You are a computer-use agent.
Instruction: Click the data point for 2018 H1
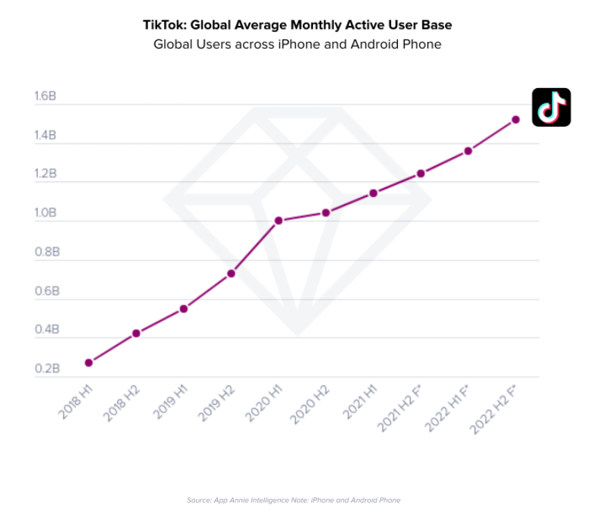(89, 363)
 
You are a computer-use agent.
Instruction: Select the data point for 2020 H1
(279, 221)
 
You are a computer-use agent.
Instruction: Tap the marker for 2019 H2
(231, 273)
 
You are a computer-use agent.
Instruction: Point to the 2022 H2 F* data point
(516, 119)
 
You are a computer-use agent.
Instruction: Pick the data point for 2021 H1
(374, 193)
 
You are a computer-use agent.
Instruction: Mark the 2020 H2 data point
(326, 212)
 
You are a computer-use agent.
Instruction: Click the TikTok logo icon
(551, 108)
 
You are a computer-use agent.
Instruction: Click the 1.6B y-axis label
(45, 97)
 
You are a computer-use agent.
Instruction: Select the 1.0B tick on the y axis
(45, 213)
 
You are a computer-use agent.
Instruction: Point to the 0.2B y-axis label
(46, 369)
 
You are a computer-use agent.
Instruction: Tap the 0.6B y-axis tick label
(46, 291)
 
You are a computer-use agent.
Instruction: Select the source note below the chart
(293, 500)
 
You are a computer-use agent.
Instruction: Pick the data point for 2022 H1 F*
(468, 151)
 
